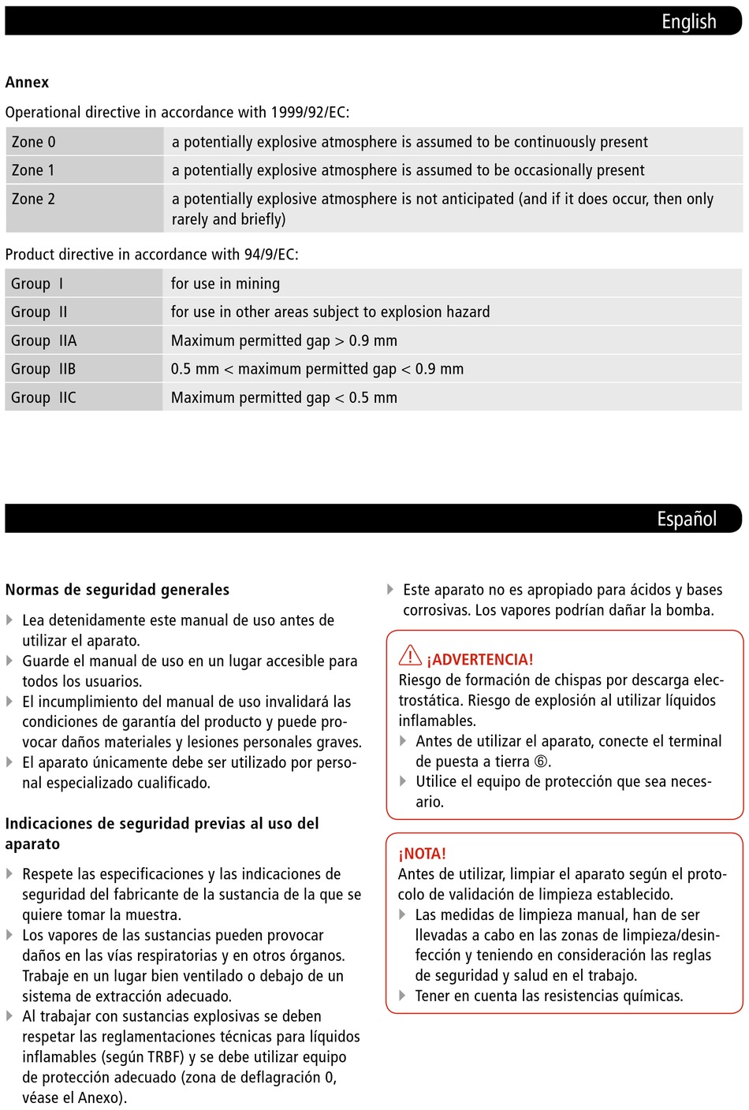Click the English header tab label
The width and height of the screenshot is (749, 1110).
coord(688,21)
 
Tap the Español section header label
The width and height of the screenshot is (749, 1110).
coord(687,519)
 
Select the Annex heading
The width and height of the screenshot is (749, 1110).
coord(27,82)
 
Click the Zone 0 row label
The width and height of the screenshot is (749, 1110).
coord(34,142)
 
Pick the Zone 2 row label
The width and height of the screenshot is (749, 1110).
coord(34,199)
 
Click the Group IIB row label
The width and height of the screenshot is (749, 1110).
coord(43,369)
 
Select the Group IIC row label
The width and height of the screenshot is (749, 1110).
coord(43,397)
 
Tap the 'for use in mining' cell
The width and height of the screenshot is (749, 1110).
coord(225,284)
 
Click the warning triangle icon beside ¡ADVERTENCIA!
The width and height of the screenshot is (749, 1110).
coord(410,655)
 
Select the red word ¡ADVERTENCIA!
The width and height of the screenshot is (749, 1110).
coord(480,660)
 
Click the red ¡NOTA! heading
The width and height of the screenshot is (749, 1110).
coord(423,854)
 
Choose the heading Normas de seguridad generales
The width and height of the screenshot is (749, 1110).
coord(117,590)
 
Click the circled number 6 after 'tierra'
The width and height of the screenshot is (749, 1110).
coord(541,762)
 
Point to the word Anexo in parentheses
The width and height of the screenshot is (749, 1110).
coord(100,1097)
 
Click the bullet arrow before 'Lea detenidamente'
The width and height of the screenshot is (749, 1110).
coord(9,620)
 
